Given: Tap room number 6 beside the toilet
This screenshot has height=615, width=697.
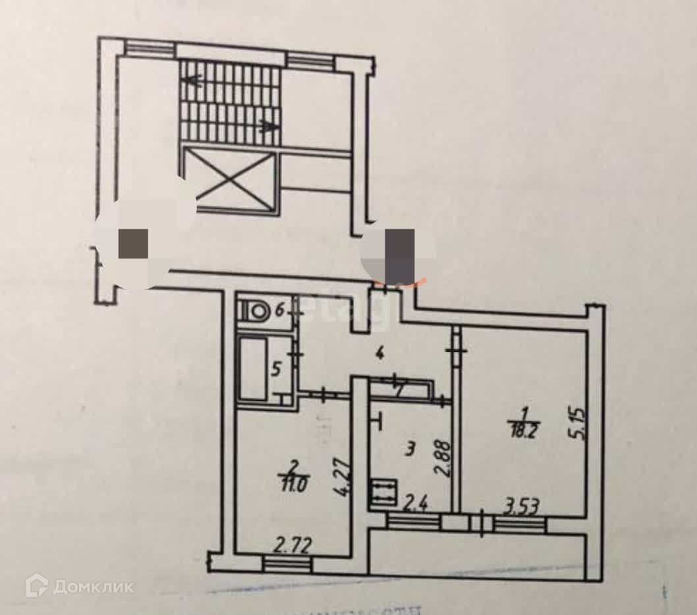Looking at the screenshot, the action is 279,308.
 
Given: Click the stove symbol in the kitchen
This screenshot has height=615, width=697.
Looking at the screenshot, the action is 383,491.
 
